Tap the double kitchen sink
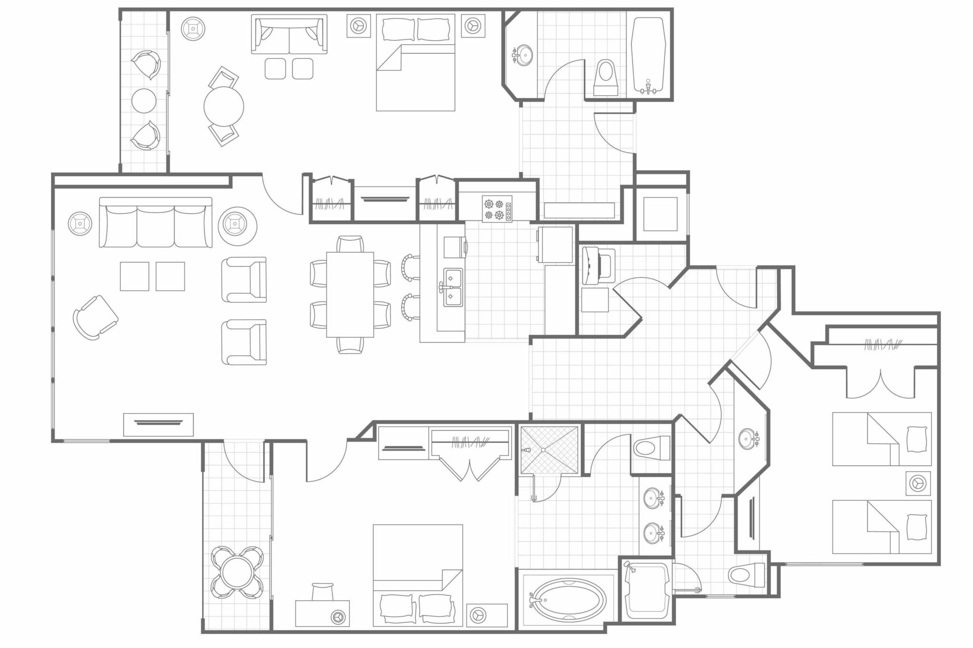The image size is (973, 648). tap(452, 287)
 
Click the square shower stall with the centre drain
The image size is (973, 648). tap(549, 450)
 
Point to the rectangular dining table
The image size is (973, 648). tap(350, 294)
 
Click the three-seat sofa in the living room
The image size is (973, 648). tap(155, 223)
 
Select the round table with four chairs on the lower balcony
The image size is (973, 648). tap(237, 573)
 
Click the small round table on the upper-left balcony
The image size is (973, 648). tap(143, 101)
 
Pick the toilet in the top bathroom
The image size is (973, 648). tap(605, 76)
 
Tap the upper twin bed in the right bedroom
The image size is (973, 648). tap(881, 439)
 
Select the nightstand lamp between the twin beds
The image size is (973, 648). tap(917, 483)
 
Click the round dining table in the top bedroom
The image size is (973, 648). tap(224, 106)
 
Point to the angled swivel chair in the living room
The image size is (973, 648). tap(95, 317)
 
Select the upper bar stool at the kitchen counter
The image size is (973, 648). tap(410, 267)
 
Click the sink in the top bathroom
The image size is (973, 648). tap(524, 55)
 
